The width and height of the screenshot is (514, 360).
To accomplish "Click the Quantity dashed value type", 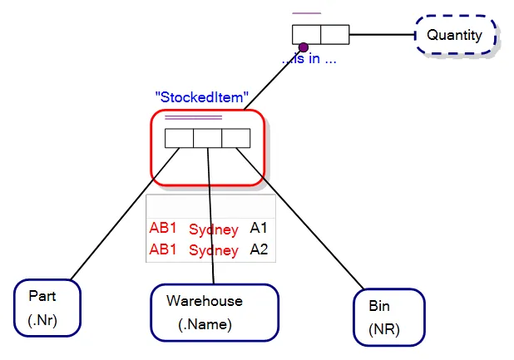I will coord(455,36).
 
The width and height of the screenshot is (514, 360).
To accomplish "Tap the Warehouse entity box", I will coord(214,312).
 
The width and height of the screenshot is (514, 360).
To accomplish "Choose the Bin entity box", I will coord(389,317).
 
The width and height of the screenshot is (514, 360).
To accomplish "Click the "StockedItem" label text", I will coord(202,97).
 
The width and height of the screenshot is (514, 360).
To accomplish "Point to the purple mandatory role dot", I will coord(304,47).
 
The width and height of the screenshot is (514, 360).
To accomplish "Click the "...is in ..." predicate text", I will coord(309,61).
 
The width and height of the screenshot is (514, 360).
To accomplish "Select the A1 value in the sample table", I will coord(259,228).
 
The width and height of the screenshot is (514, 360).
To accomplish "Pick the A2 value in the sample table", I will coord(259,249).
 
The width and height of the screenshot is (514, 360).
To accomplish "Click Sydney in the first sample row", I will coord(214,229).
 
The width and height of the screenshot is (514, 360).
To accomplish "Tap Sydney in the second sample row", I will coord(214,250).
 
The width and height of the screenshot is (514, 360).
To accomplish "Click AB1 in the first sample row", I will coord(164,228).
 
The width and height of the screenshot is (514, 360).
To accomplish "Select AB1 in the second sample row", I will coord(164,249).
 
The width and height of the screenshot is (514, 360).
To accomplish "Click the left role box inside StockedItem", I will coord(179,139).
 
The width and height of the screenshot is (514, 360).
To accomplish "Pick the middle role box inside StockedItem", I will coord(207,139).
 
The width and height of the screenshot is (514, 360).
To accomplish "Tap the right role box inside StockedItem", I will coord(235,139).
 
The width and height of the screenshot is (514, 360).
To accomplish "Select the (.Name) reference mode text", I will coord(205,324).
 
